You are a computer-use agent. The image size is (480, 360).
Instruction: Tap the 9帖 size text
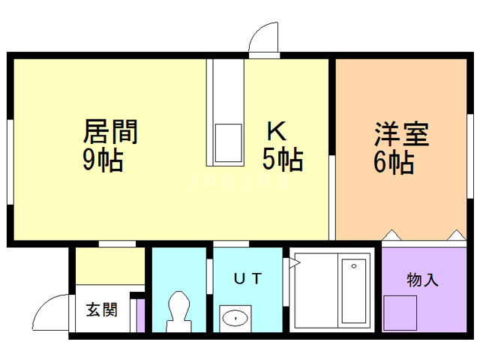(x=102, y=160)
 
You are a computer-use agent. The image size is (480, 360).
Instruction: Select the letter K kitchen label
(x=276, y=132)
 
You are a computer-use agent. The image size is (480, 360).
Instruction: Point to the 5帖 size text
(x=282, y=160)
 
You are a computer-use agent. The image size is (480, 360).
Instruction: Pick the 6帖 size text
(x=392, y=162)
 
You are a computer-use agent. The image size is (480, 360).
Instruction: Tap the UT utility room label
(x=247, y=279)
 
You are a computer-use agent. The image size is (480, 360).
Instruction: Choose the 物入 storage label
(x=422, y=280)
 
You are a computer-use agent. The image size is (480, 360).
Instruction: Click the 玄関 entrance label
(x=100, y=309)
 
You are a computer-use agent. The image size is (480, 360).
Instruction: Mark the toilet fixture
(x=179, y=310)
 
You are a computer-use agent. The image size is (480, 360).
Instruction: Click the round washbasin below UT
(x=235, y=318)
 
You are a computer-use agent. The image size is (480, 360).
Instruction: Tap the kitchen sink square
(x=228, y=142)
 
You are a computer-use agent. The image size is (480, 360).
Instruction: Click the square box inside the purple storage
(x=400, y=312)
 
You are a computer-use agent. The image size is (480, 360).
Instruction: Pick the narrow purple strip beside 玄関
(x=140, y=315)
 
